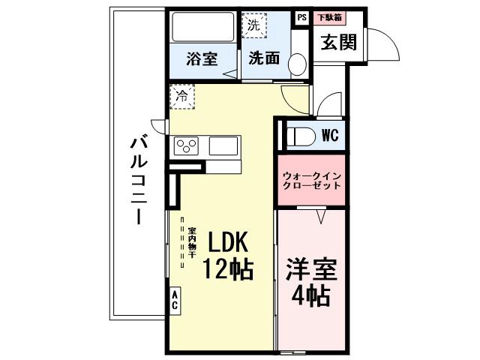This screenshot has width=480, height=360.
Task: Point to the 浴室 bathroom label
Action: coord(202,58)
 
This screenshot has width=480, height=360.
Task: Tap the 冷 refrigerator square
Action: coord(181,95)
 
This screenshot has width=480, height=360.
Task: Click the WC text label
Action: coord(331,136)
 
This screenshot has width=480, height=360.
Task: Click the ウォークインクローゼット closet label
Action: coord(311,180)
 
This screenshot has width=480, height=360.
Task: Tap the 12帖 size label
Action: coord(226,268)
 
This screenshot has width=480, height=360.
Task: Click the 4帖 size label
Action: coord(311,296)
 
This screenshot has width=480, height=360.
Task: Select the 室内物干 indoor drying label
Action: coord(192,243)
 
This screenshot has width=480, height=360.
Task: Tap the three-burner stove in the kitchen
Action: coord(186,145)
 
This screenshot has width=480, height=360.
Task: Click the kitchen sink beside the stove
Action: coord(223,145)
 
